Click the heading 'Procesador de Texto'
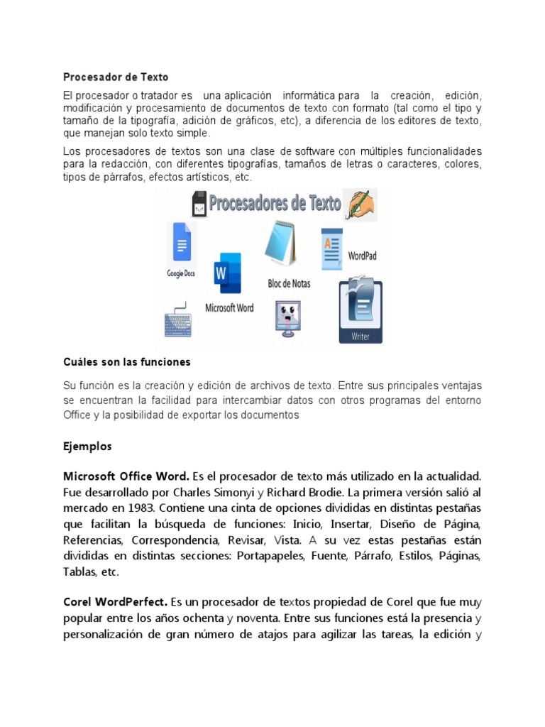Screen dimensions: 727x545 (116, 77)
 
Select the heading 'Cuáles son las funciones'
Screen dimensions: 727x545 (127, 362)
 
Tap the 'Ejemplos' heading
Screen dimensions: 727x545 (87, 447)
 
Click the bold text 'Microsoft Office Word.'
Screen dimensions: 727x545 (126, 475)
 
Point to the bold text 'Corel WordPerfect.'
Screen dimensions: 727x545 (116, 581)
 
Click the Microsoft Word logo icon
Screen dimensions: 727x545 (229, 273)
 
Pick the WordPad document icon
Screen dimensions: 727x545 (331, 249)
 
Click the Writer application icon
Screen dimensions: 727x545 (361, 310)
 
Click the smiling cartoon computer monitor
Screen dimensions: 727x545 (287, 317)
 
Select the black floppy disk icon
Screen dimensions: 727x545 (199, 204)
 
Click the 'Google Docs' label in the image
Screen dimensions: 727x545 (181, 273)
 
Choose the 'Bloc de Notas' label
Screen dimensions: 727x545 (288, 283)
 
